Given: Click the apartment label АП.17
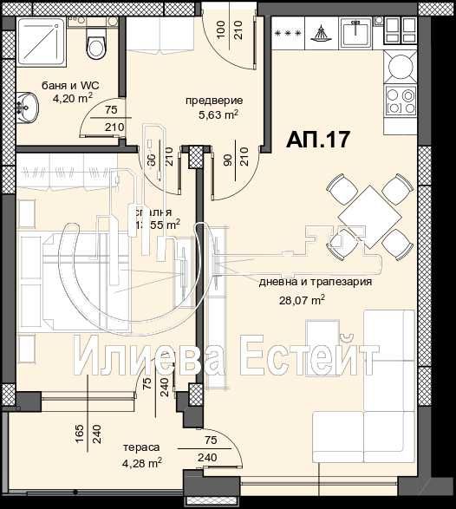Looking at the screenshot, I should click(317, 140).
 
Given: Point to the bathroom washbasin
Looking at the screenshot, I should click(26, 111).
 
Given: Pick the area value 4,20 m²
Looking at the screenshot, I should click(73, 99).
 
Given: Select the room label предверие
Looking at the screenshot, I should click(213, 101).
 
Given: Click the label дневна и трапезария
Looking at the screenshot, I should click(316, 282).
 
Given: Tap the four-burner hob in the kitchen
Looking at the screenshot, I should click(401, 101).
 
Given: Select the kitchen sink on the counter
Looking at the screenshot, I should click(355, 34).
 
